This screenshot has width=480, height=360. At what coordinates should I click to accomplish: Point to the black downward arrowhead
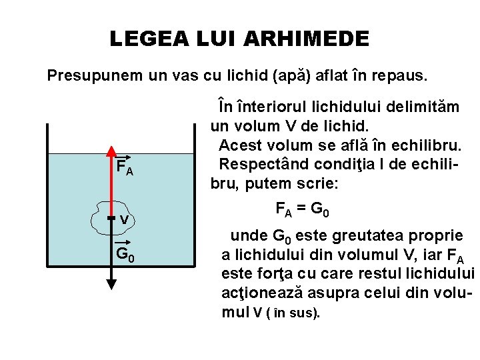pos(111,283)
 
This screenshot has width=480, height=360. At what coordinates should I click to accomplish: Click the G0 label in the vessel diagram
pos(126,254)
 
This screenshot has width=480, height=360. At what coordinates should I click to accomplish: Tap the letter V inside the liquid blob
pos(125,219)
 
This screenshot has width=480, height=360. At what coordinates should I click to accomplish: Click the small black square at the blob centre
pos(111,218)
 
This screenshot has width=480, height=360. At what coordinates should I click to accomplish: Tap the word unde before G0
pos(246,235)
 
